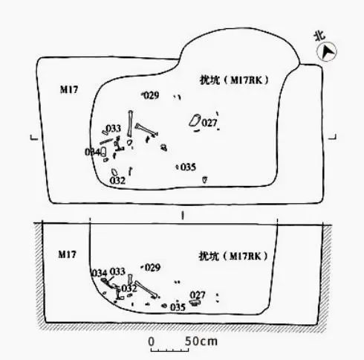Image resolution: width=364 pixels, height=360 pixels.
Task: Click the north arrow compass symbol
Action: tap(327, 52)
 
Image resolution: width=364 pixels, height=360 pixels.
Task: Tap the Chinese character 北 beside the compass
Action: tap(319, 36)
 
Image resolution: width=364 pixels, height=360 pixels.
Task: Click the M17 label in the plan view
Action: tap(69, 89)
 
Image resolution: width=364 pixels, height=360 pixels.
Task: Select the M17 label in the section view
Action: tap(67, 254)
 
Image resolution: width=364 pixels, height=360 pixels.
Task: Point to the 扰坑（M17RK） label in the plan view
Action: tap(234, 80)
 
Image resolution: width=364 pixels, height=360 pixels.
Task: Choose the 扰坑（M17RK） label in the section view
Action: tap(233, 256)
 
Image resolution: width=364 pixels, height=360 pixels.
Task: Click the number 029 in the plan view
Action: tap(152, 95)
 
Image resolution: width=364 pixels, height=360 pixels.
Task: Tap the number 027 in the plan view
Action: tap(209, 123)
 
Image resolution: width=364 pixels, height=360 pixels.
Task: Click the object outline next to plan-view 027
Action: tap(195, 120)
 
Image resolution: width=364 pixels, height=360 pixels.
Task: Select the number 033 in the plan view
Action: tap(114, 129)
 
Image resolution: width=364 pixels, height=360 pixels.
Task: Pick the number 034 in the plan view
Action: tap(92, 152)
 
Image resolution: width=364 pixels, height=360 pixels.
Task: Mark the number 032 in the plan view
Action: tap(117, 181)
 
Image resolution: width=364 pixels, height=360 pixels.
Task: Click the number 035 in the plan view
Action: tap(188, 167)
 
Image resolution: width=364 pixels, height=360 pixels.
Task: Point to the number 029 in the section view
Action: tap(153, 267)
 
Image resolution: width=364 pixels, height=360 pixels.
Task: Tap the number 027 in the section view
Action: tap(198, 295)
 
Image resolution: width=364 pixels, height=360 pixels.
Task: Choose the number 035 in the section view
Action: tap(178, 307)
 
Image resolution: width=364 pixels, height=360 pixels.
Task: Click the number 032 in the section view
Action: tap(129, 289)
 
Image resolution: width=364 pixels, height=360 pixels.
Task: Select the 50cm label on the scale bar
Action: tap(201, 341)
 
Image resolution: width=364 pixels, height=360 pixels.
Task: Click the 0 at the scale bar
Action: tap(152, 341)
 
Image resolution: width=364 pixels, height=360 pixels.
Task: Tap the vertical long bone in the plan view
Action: tap(130, 123)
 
